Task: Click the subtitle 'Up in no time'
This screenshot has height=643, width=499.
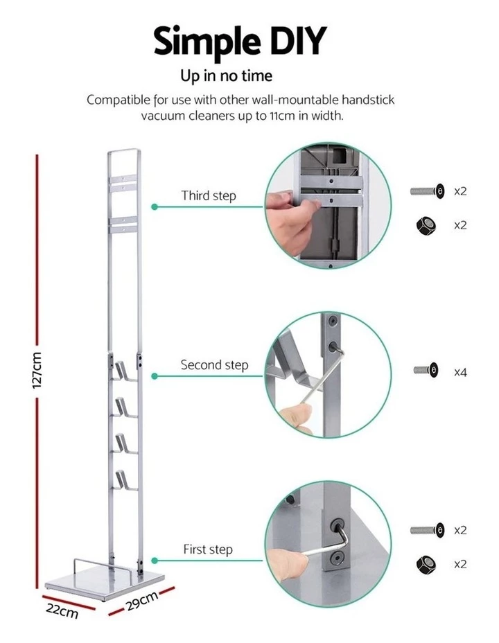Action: click(226, 76)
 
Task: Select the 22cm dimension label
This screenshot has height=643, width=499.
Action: click(62, 611)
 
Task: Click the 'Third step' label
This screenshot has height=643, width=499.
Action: click(209, 195)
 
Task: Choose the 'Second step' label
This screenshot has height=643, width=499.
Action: click(214, 364)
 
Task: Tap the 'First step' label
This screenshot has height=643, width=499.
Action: click(208, 549)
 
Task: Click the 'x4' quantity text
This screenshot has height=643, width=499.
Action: click(460, 372)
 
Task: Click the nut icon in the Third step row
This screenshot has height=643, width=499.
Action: click(426, 225)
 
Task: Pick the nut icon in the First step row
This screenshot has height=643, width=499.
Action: click(426, 564)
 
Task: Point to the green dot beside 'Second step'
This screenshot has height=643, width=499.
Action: click(155, 376)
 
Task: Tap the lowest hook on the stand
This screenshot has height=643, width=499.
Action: click(125, 478)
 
